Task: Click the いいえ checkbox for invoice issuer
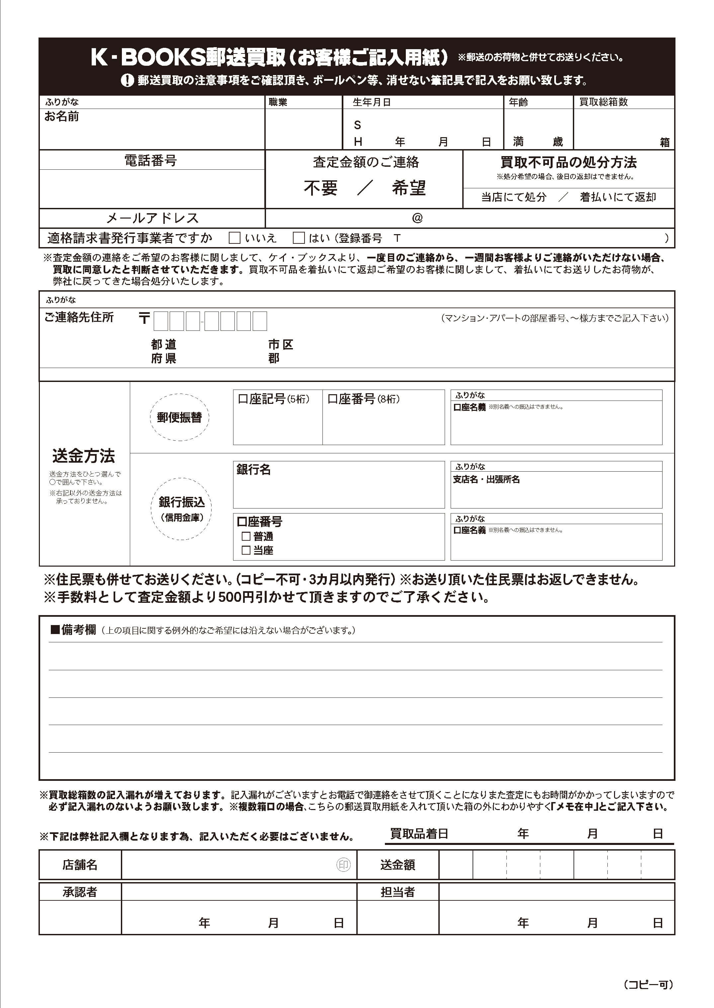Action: pos(235,238)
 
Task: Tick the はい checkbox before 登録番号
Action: pos(299,238)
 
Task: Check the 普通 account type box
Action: pos(246,536)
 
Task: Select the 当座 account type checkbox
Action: pos(246,550)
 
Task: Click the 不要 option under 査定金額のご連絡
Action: pos(320,188)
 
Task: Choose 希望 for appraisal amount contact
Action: pos(409,188)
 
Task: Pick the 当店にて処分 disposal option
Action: pos(513,197)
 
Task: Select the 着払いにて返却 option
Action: pos(618,197)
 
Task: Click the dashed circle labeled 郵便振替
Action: pos(179,417)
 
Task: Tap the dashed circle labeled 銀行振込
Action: pos(181,508)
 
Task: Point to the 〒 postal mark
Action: pos(144,318)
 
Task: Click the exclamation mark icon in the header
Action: pos(127,80)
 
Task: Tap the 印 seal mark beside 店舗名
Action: pos(343,865)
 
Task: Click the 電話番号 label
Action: pos(151,160)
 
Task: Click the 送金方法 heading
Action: pos(84,456)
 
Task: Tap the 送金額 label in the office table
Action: pos(398,865)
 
